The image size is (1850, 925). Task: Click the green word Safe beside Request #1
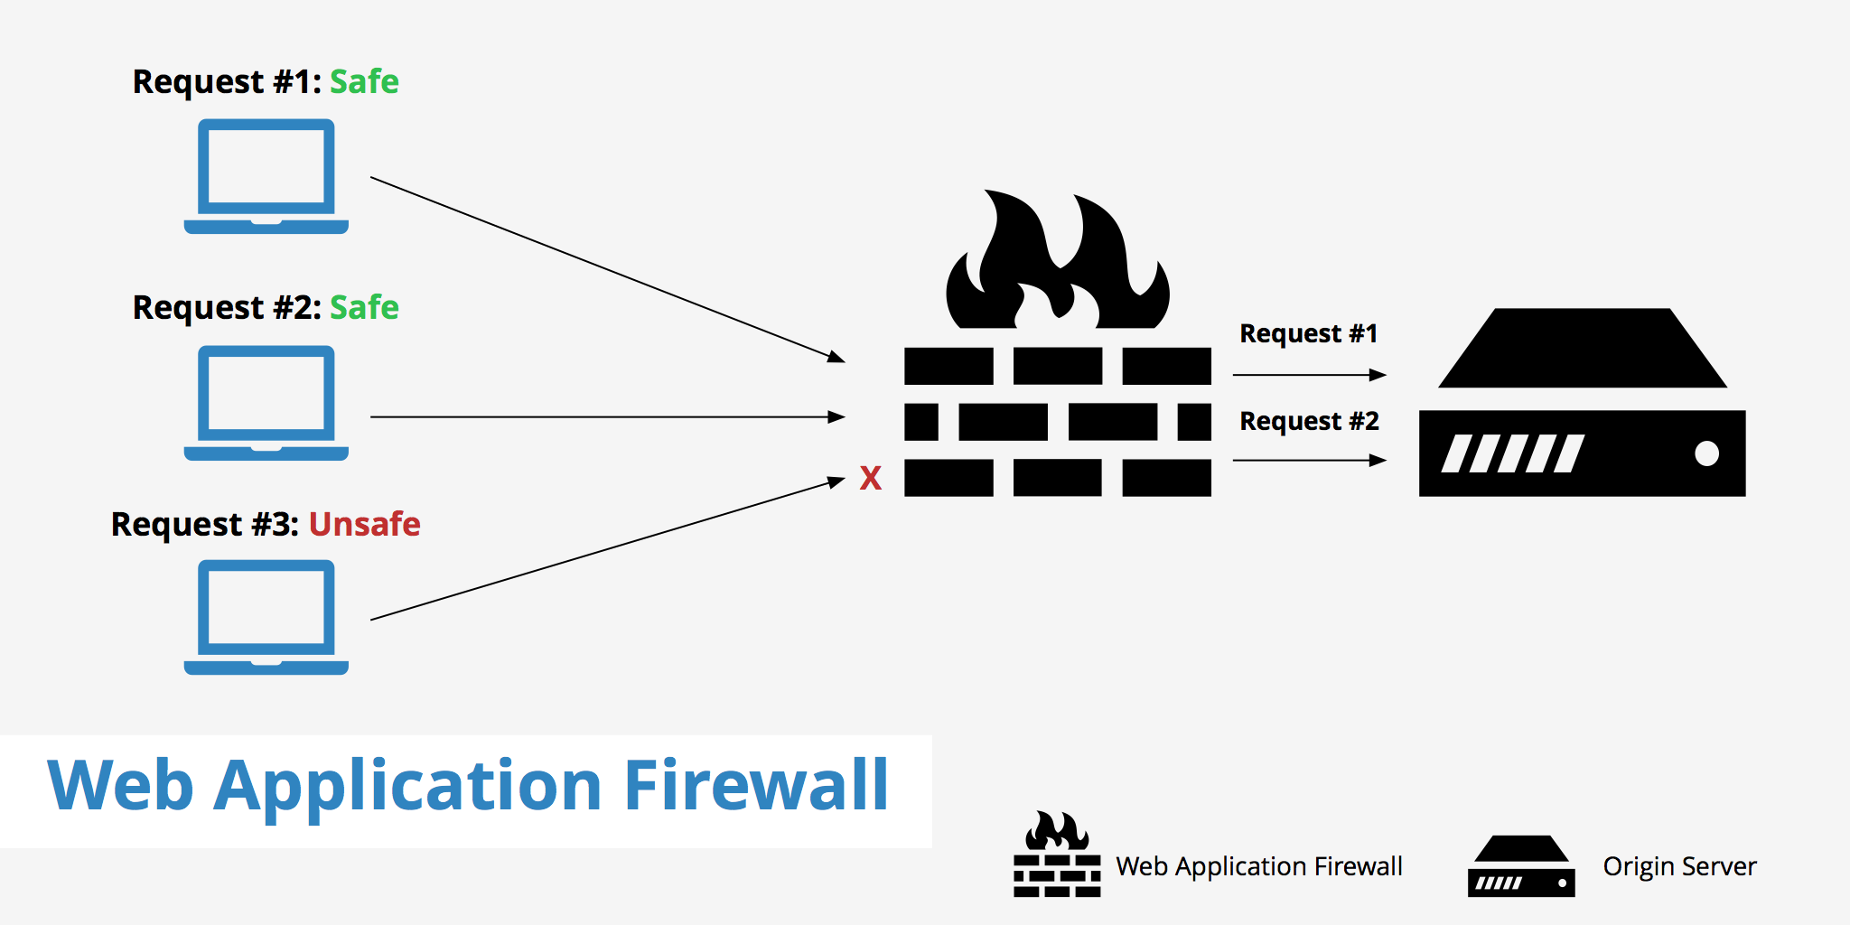(x=364, y=81)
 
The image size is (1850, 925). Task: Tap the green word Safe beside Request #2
(x=364, y=307)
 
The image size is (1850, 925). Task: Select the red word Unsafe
(x=364, y=524)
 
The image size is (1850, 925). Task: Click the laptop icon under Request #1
(x=266, y=176)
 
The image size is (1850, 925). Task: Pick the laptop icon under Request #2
(x=266, y=403)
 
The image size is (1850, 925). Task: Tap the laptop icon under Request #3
(x=266, y=617)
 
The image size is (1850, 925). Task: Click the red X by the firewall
(x=870, y=478)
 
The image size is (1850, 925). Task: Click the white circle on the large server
(x=1706, y=453)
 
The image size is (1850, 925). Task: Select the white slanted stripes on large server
(x=1512, y=453)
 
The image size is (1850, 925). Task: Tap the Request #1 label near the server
(x=1308, y=333)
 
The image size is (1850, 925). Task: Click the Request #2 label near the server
(x=1309, y=421)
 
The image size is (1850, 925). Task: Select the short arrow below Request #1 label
(x=1309, y=374)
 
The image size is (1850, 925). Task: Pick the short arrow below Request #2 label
(x=1309, y=461)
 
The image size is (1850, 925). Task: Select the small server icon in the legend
(x=1521, y=867)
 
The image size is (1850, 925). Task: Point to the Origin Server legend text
(x=1679, y=866)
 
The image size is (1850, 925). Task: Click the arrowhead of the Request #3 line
(x=836, y=482)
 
